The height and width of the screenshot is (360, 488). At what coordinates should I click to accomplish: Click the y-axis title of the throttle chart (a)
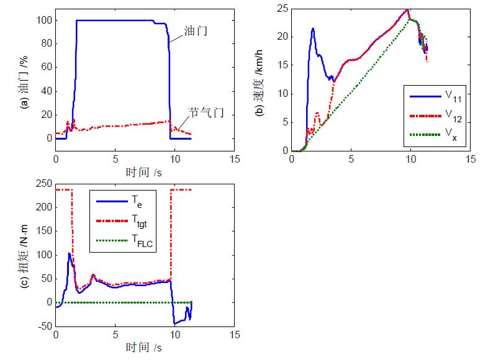click(24, 78)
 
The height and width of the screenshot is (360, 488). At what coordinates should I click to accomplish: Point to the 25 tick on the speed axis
click(281, 8)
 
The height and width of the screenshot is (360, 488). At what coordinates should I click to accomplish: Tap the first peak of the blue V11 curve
click(313, 29)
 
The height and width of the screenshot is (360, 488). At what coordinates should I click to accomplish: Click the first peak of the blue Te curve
click(69, 253)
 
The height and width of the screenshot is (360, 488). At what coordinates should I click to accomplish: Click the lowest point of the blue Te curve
click(175, 324)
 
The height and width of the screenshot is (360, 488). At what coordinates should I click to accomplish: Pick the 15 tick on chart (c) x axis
click(235, 335)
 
